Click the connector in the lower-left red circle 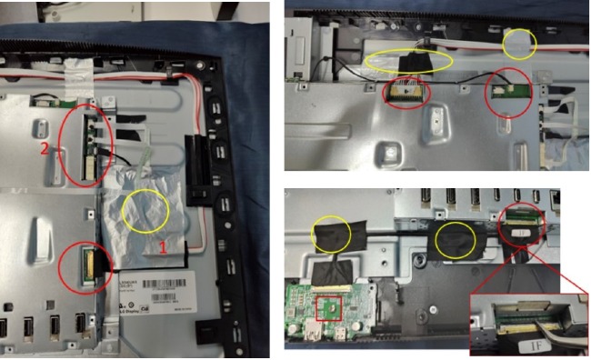pos(89,264)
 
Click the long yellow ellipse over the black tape pos(410,61)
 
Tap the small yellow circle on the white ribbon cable pos(520,41)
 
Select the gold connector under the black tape pos(406,90)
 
